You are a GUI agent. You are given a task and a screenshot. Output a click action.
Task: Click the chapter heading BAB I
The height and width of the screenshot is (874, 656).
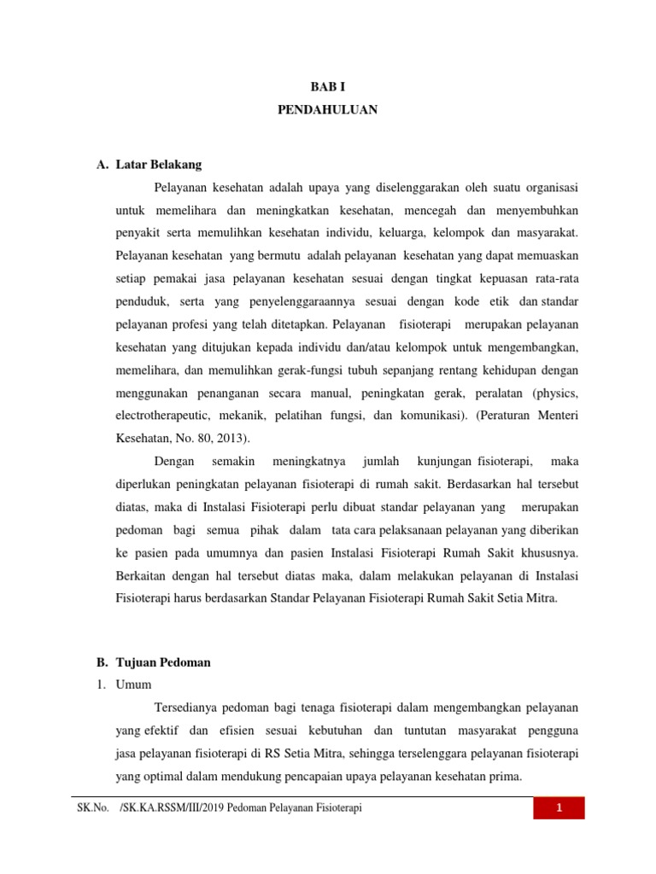(x=327, y=87)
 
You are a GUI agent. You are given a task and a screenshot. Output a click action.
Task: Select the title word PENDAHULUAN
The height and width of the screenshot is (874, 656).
(x=327, y=110)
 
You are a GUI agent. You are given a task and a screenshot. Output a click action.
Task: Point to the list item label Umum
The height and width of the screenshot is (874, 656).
(x=132, y=685)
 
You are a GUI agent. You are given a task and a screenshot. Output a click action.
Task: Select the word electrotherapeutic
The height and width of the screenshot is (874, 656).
(x=164, y=417)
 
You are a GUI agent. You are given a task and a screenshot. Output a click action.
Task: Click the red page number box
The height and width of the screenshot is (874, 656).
(x=559, y=808)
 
